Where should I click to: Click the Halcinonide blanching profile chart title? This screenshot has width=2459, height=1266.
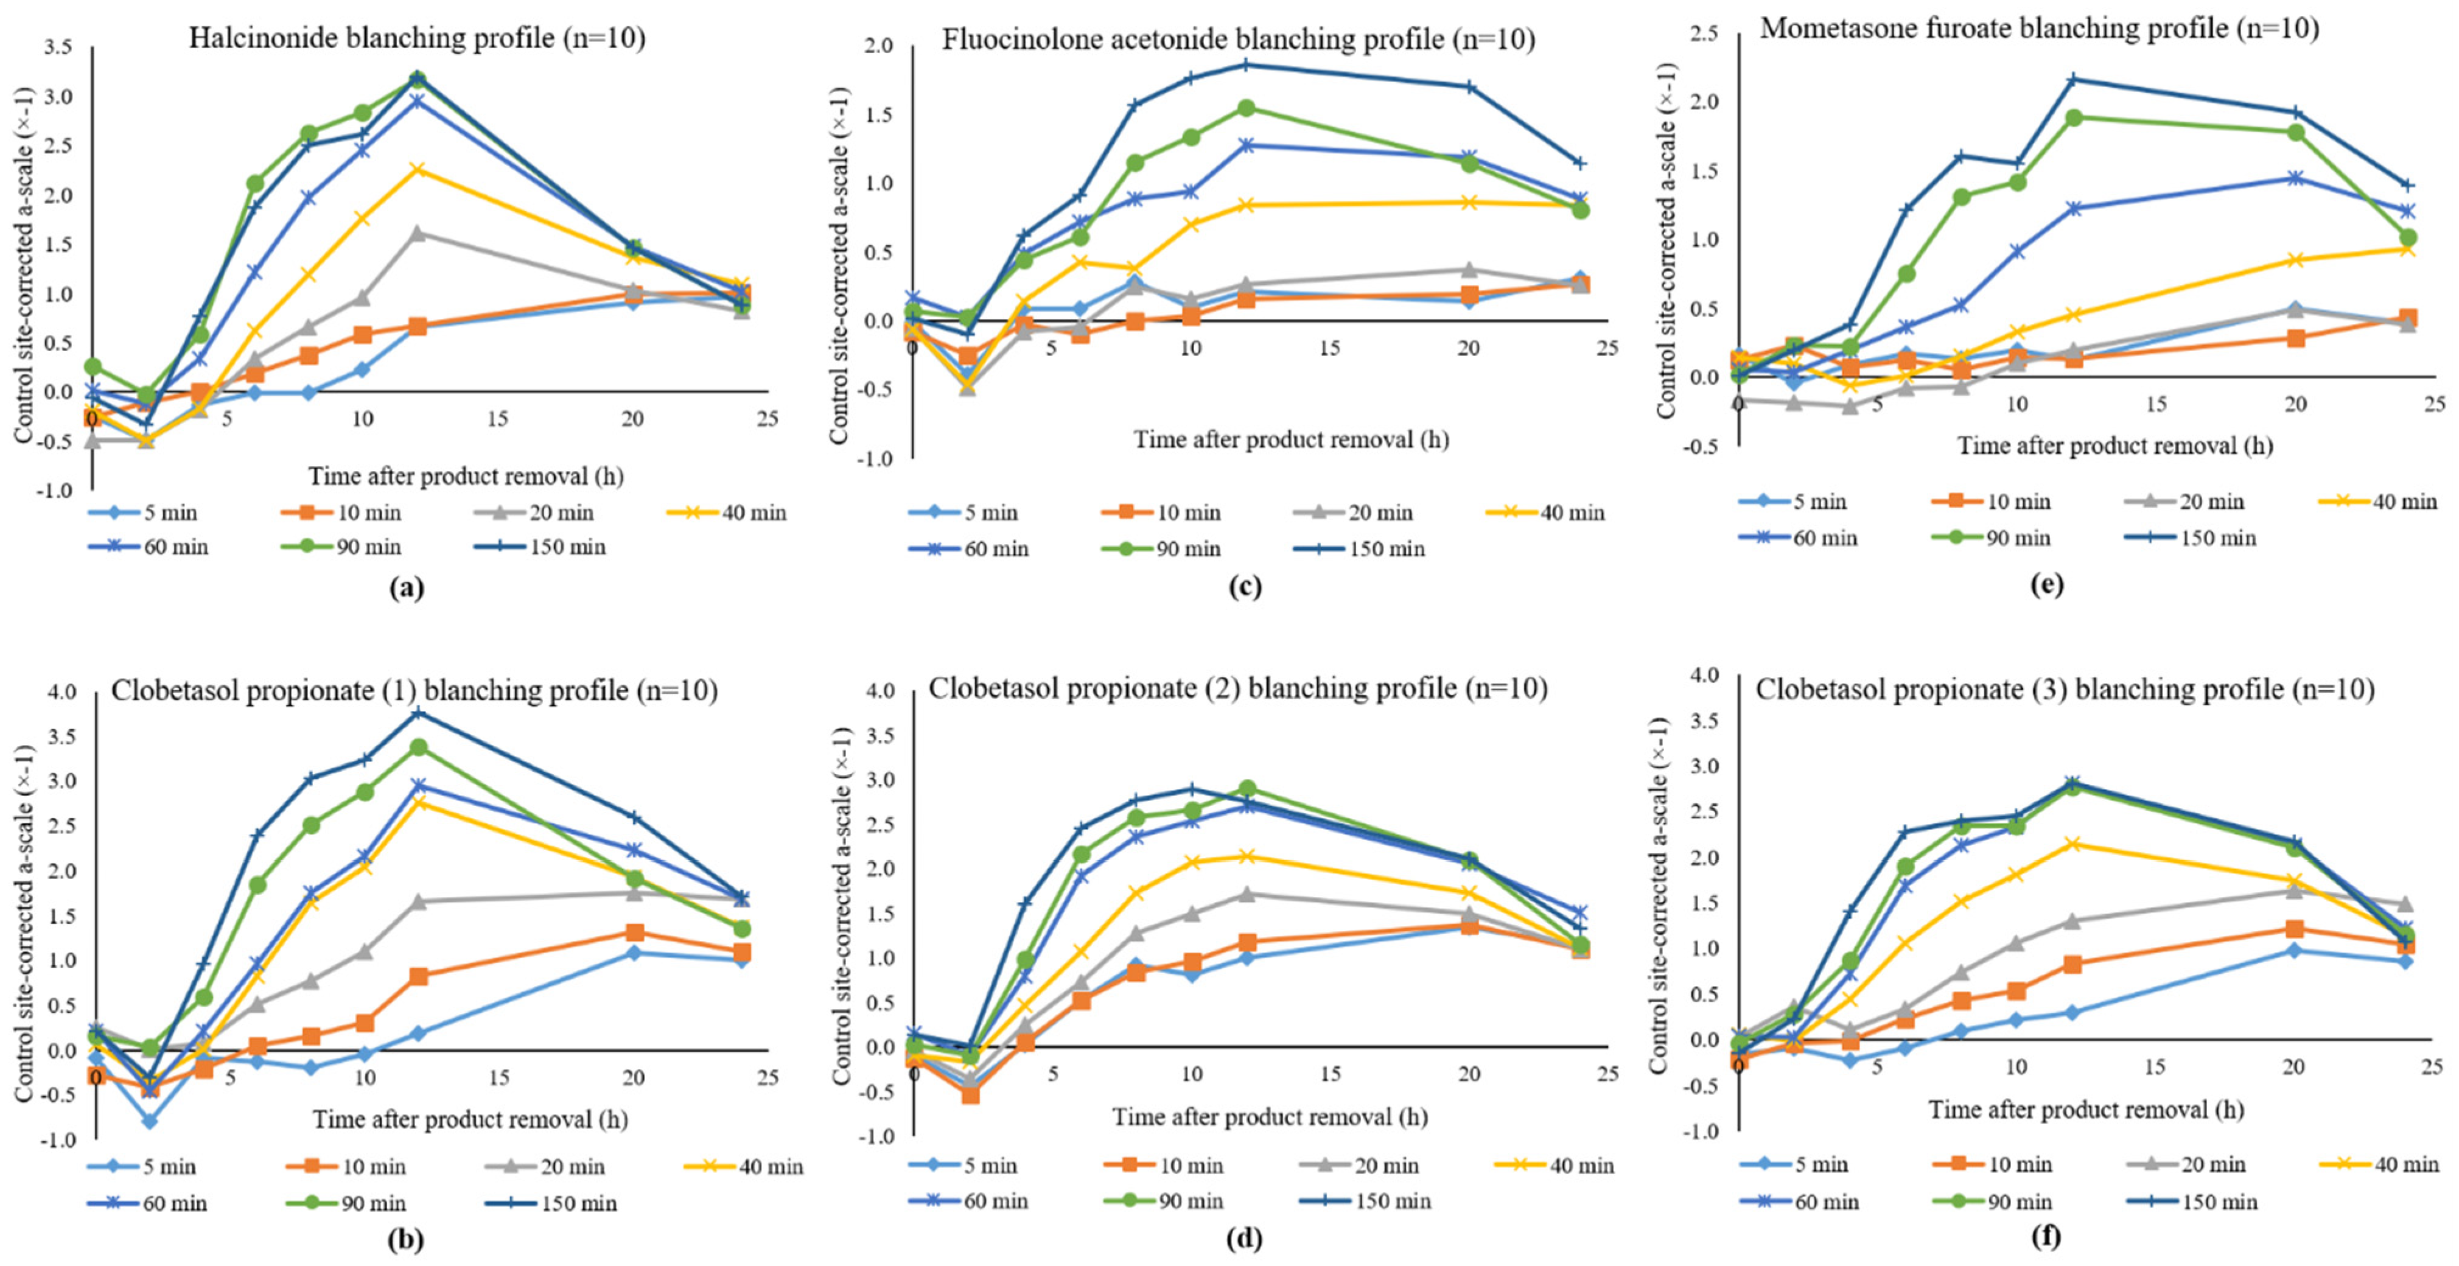pos(416,38)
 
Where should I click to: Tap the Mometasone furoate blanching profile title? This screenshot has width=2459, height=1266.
pos(2039,29)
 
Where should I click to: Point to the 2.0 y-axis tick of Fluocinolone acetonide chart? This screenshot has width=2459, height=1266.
pos(880,46)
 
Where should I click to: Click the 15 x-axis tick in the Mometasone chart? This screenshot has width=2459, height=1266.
pos(2155,405)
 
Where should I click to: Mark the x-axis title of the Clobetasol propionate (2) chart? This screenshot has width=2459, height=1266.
pos(1270,1116)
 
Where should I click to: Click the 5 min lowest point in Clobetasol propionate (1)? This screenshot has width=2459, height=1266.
pos(150,1121)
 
